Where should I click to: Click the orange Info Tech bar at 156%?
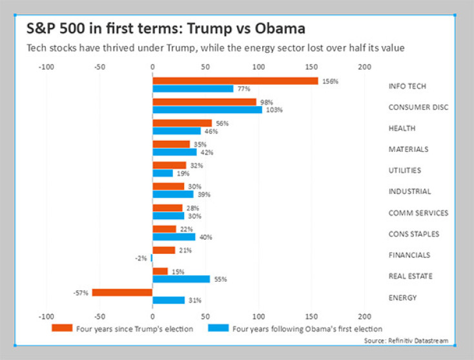pos(235,81)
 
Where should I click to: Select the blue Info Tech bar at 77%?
pos(193,89)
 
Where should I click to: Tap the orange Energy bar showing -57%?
pos(122,292)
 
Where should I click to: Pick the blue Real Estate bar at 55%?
pos(181,279)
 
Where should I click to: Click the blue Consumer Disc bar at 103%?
pos(207,110)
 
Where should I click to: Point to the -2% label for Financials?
pos(140,258)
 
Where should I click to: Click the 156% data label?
pos(331,81)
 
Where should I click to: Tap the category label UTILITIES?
pos(405,170)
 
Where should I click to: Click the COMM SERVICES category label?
pos(418,213)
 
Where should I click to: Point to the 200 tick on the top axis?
pos(365,66)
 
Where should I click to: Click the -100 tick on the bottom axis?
pos(46,317)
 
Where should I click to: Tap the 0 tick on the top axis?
pos(152,66)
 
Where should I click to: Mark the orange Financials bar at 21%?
pos(163,250)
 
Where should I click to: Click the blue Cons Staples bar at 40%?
pos(174,237)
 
